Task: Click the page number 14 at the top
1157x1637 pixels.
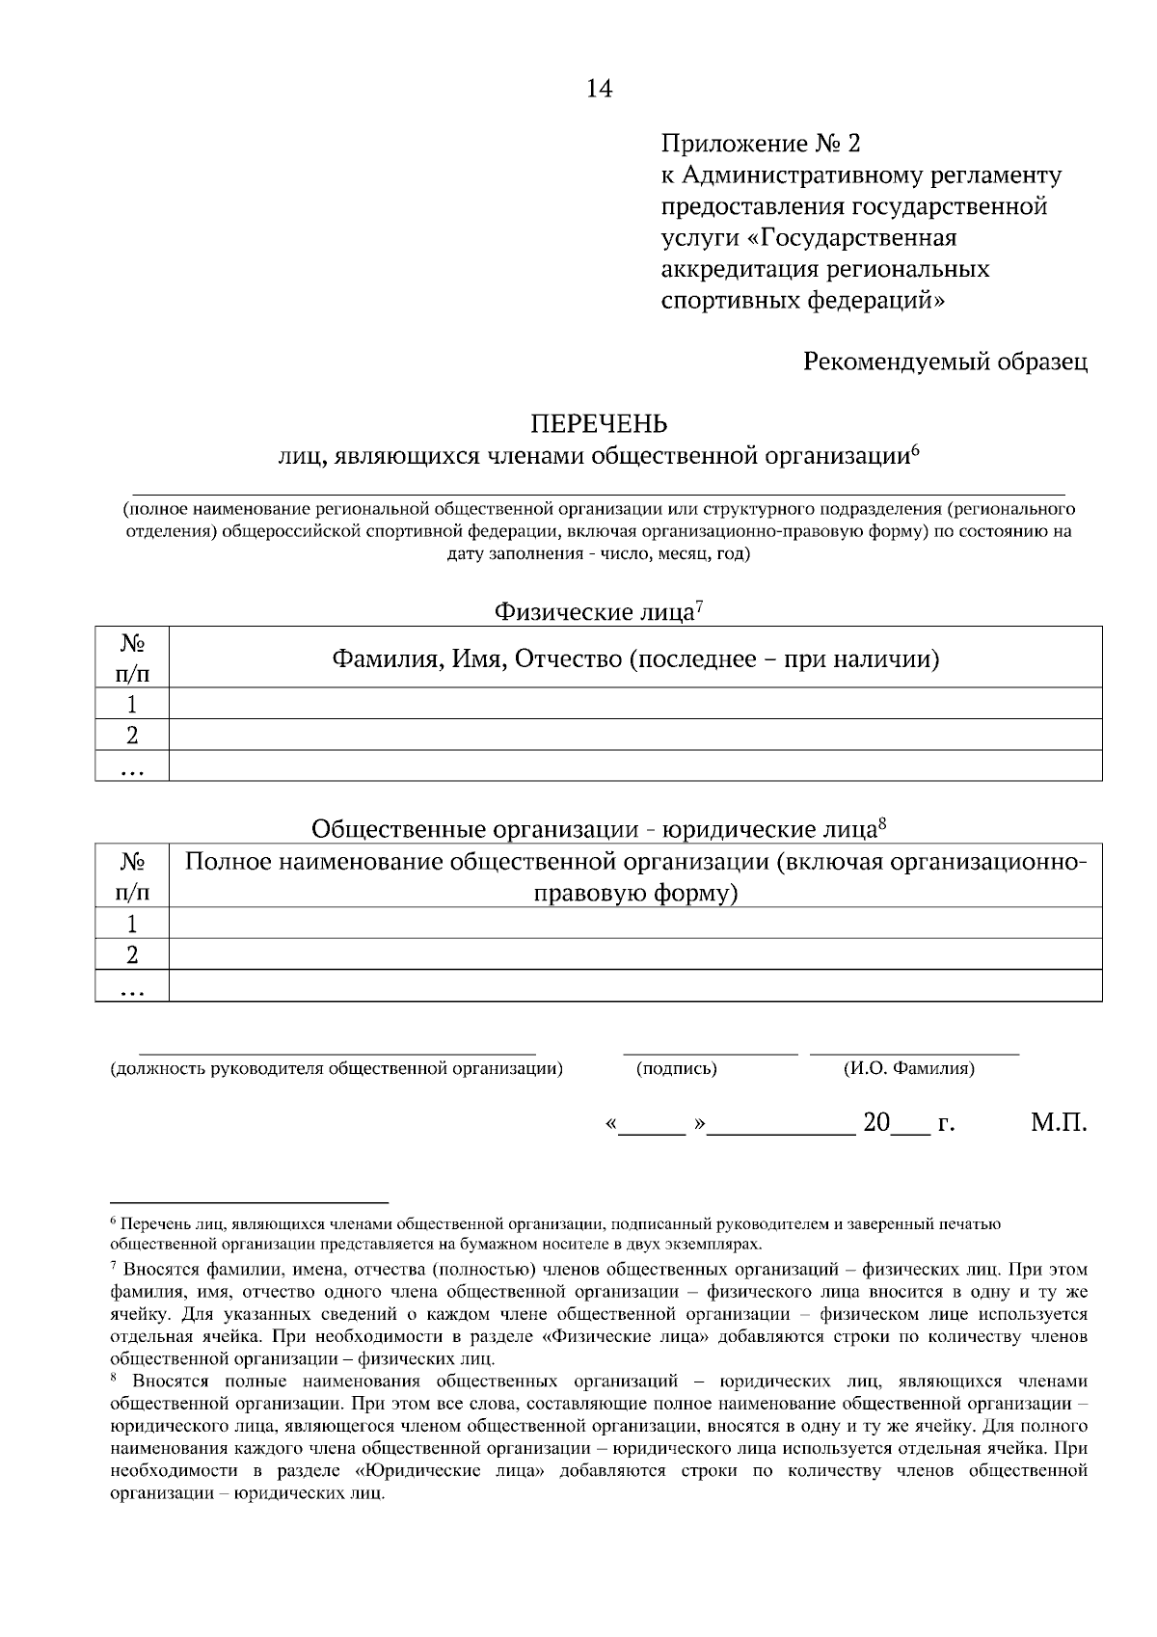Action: (x=599, y=89)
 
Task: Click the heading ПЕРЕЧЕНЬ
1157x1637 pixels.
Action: (x=599, y=424)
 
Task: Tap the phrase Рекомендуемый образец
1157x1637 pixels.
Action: (x=945, y=362)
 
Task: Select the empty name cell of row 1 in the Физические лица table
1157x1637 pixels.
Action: (x=635, y=703)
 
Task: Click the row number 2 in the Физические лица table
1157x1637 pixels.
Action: (x=132, y=735)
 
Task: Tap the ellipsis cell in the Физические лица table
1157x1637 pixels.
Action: (x=132, y=766)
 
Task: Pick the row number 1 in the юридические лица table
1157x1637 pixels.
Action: (x=132, y=923)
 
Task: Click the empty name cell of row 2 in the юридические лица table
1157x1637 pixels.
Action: (x=635, y=954)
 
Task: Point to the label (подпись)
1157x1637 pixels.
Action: (x=677, y=1068)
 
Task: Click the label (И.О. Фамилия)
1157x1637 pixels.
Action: (x=908, y=1068)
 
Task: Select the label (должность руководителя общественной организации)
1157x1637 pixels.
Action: (x=336, y=1068)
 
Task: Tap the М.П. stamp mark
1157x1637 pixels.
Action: (x=1059, y=1123)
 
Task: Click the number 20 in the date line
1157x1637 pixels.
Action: (x=876, y=1123)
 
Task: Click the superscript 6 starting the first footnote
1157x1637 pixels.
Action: (x=114, y=1221)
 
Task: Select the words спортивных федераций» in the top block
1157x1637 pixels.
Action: (x=802, y=300)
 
